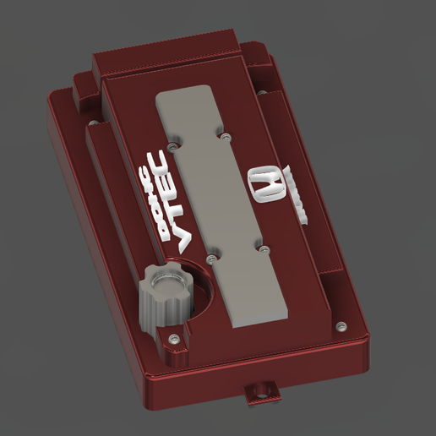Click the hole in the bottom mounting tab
click(x=262, y=390)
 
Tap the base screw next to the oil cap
click(x=173, y=338)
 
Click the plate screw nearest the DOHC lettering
click(x=172, y=145)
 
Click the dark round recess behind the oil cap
click(x=199, y=287)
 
